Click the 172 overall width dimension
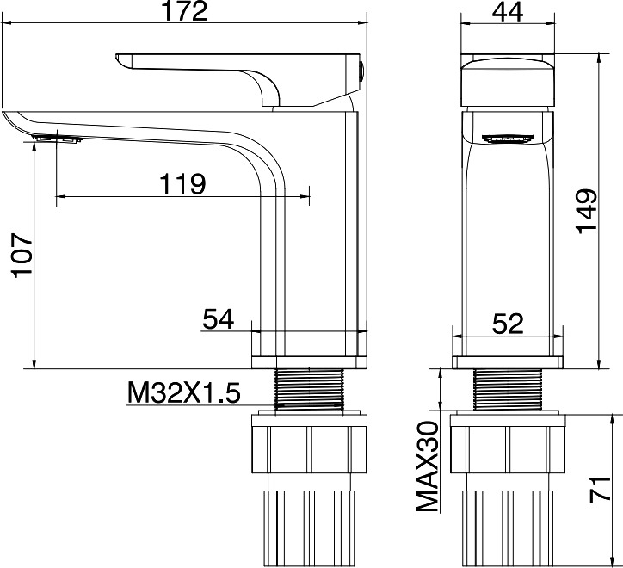pos(185,11)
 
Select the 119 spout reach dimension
pos(182,183)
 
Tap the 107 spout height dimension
pos(22,256)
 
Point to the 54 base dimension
pos(218,319)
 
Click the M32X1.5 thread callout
pos(184,392)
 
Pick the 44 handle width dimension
pos(508,12)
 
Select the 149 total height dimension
pos(587,212)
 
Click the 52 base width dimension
pos(508,324)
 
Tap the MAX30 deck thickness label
pos(428,466)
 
